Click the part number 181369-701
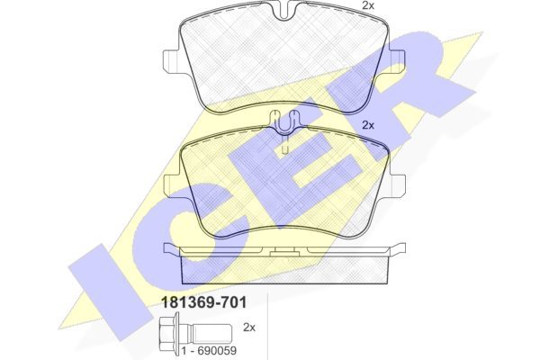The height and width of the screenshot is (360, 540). coord(204,302)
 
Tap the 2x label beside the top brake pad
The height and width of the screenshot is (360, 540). coord(368,4)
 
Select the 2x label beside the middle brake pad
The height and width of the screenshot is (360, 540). coord(368,125)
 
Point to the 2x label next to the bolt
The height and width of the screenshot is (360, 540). coord(249,328)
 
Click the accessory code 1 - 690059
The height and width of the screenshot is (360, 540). coord(209,351)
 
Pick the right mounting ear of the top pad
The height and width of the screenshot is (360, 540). coord(397,62)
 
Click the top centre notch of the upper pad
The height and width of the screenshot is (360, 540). coord(284,10)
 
